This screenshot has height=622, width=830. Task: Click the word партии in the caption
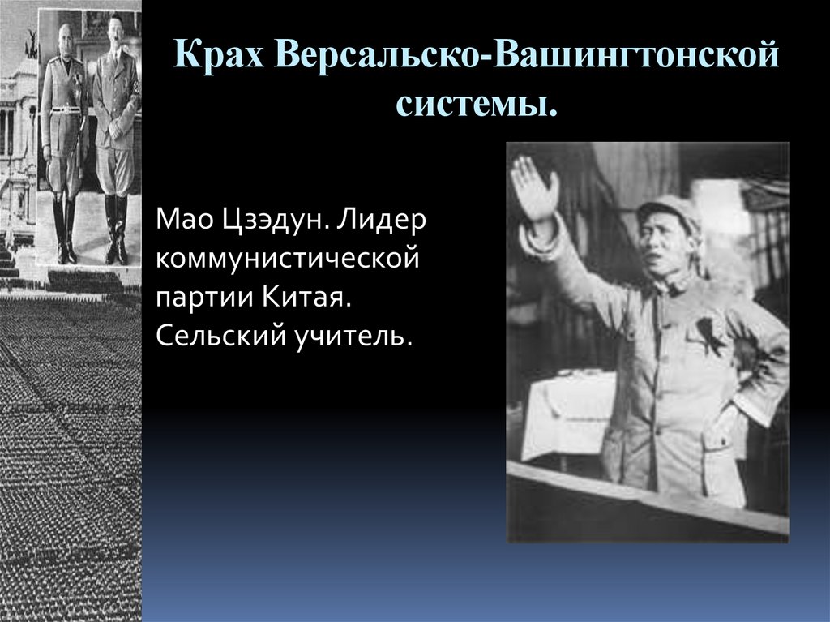click(203, 298)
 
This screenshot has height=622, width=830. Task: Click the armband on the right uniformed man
click(136, 85)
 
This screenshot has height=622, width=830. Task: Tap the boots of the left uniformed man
click(65, 231)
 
